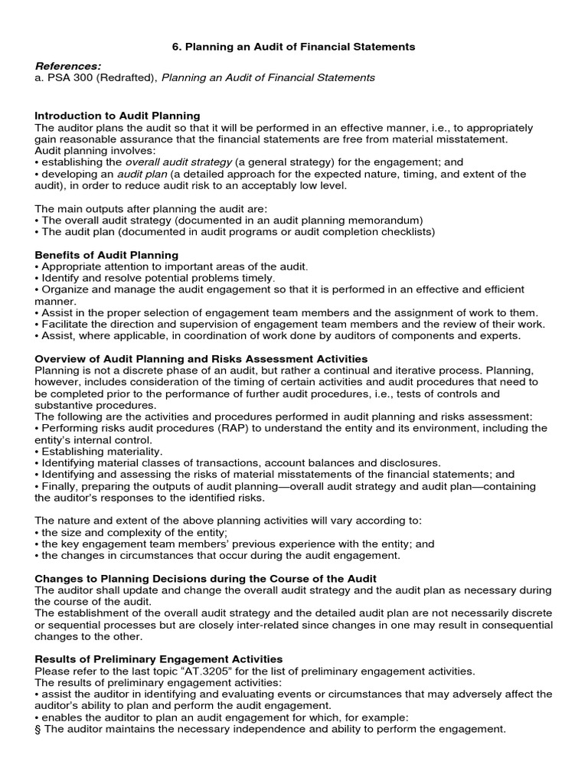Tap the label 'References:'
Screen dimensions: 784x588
[68, 67]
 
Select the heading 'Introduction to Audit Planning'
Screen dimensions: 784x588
[117, 116]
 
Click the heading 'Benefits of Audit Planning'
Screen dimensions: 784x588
[106, 254]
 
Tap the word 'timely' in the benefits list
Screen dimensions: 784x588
[256, 278]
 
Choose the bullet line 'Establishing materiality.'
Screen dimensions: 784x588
[100, 452]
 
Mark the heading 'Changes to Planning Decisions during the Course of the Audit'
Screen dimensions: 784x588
[206, 578]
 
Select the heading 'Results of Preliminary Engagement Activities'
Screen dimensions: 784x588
[158, 659]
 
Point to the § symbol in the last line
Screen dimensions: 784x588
[38, 729]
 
